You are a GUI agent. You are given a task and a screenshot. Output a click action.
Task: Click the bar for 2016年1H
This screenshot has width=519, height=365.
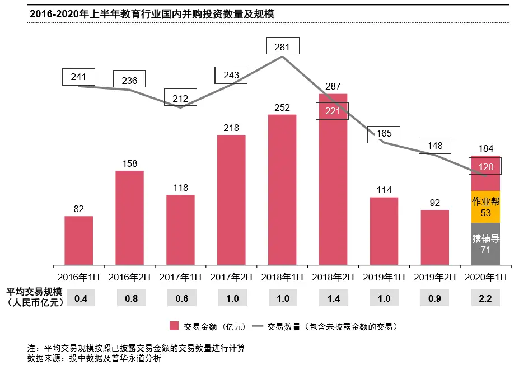point(78,240)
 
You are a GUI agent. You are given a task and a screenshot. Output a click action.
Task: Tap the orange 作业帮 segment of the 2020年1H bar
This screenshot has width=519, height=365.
point(485,207)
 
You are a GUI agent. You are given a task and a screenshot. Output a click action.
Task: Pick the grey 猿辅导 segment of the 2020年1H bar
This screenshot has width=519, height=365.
point(485,244)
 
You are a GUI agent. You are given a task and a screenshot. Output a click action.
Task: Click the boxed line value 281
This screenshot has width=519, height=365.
point(283,47)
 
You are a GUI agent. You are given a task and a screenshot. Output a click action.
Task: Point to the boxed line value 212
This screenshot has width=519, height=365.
point(180,99)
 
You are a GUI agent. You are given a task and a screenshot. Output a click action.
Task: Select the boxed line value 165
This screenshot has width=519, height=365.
point(384,134)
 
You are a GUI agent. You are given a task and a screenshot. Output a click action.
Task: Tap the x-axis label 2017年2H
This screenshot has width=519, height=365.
point(231,277)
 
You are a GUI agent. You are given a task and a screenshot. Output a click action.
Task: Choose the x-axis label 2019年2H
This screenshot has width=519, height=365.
point(434,277)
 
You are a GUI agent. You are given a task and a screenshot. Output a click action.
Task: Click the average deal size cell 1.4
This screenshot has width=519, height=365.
point(333,298)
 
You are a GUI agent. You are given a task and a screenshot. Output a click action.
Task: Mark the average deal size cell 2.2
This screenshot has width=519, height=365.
point(485,298)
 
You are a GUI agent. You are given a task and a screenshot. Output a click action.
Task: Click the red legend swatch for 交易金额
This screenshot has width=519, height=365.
point(174,326)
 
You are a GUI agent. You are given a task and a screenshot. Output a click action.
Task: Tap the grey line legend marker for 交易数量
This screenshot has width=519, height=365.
point(258,326)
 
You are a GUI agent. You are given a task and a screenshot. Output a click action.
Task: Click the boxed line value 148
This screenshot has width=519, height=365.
point(434,146)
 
